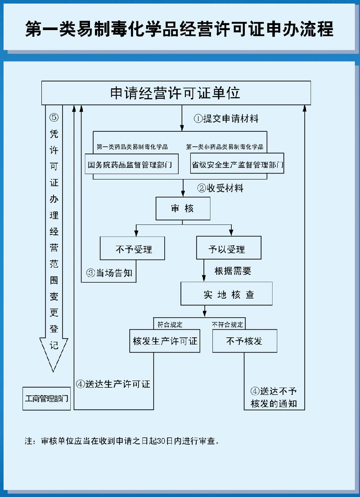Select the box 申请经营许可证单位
(176, 93)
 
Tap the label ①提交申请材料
(226, 119)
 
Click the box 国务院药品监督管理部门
(131, 165)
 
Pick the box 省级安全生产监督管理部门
(237, 165)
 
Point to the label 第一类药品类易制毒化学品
(132, 147)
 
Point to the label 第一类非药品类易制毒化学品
(225, 147)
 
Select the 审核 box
(183, 208)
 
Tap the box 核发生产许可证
(165, 341)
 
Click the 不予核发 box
(244, 341)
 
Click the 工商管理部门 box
(47, 398)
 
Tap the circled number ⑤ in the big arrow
(54, 117)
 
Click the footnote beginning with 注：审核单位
(122, 441)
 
